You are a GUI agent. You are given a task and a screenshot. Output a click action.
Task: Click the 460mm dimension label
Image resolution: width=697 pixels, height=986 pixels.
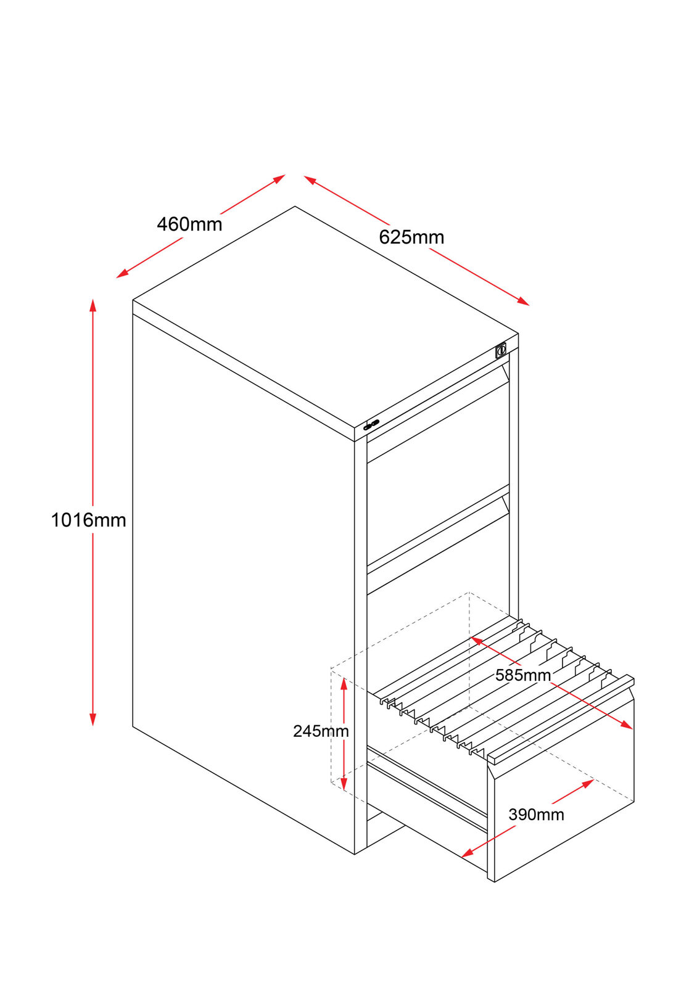click(189, 224)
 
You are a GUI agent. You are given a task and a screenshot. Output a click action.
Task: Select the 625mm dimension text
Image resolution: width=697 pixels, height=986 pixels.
click(411, 237)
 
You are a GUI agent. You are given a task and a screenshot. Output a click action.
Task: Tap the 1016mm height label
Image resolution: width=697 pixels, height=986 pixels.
click(88, 520)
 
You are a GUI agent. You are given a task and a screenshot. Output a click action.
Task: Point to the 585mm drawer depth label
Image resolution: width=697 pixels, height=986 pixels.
click(522, 675)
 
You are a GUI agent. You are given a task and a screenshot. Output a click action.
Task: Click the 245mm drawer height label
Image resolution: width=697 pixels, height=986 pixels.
click(321, 731)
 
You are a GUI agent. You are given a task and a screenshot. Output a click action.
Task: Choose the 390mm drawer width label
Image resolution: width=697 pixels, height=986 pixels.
click(536, 815)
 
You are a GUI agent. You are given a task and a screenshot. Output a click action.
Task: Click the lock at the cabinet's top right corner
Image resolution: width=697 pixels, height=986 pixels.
click(501, 351)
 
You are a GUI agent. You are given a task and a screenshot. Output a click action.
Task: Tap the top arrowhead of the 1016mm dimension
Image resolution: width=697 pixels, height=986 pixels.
click(93, 305)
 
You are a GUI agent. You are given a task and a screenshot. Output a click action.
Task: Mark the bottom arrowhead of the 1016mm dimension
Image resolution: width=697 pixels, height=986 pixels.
click(93, 720)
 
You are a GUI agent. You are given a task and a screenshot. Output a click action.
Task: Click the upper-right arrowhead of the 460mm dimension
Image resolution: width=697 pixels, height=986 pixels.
click(279, 178)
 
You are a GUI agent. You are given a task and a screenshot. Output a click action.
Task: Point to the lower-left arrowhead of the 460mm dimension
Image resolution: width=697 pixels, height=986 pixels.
click(122, 274)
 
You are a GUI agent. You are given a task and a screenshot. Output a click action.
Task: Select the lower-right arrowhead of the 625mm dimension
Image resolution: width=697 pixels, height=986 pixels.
click(524, 302)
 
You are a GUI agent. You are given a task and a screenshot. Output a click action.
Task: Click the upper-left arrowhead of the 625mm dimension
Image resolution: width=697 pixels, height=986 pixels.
click(310, 179)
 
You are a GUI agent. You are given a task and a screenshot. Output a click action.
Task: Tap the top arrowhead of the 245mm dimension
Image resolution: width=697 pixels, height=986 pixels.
click(344, 684)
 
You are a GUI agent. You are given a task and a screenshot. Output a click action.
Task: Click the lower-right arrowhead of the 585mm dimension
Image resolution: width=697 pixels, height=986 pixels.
click(627, 725)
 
